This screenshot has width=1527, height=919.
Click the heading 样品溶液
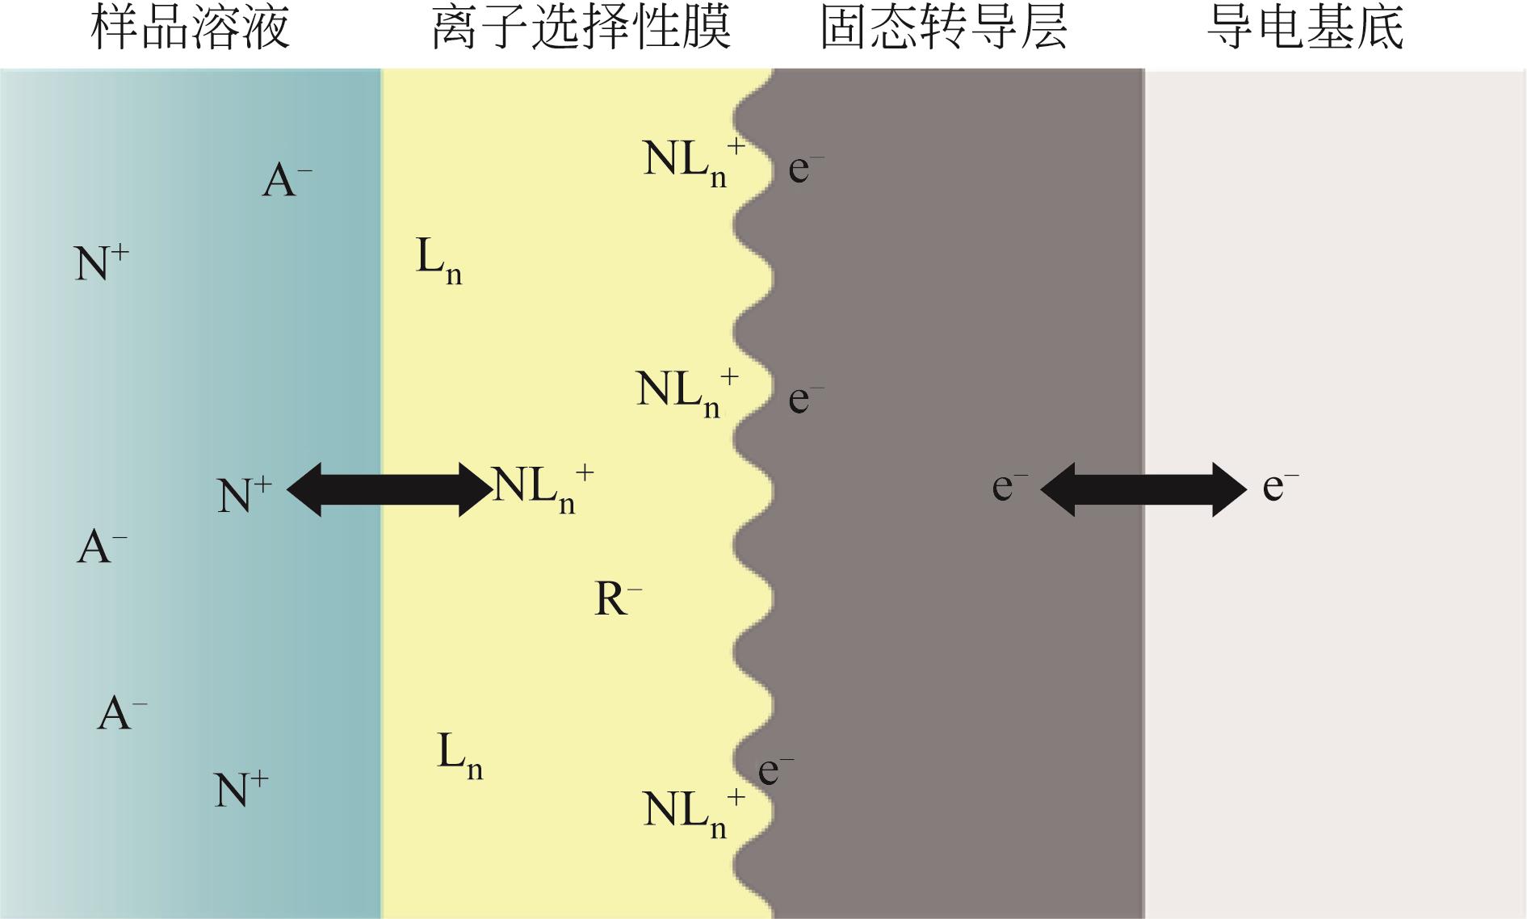[x=190, y=28]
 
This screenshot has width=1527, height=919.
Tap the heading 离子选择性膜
[x=581, y=28]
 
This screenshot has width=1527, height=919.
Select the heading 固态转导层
[x=944, y=28]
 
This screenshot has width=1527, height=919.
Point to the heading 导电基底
[x=1306, y=28]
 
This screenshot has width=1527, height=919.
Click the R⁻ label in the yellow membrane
[x=619, y=599]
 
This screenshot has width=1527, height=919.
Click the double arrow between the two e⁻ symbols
[x=1143, y=489]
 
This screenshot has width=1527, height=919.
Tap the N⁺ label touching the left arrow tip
[x=245, y=494]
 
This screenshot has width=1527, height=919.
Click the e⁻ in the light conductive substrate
[x=1281, y=486]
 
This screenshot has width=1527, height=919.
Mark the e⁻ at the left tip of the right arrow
[x=1009, y=486]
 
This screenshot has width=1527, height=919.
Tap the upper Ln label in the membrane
[x=439, y=260]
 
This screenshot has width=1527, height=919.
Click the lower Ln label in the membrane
[x=460, y=755]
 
